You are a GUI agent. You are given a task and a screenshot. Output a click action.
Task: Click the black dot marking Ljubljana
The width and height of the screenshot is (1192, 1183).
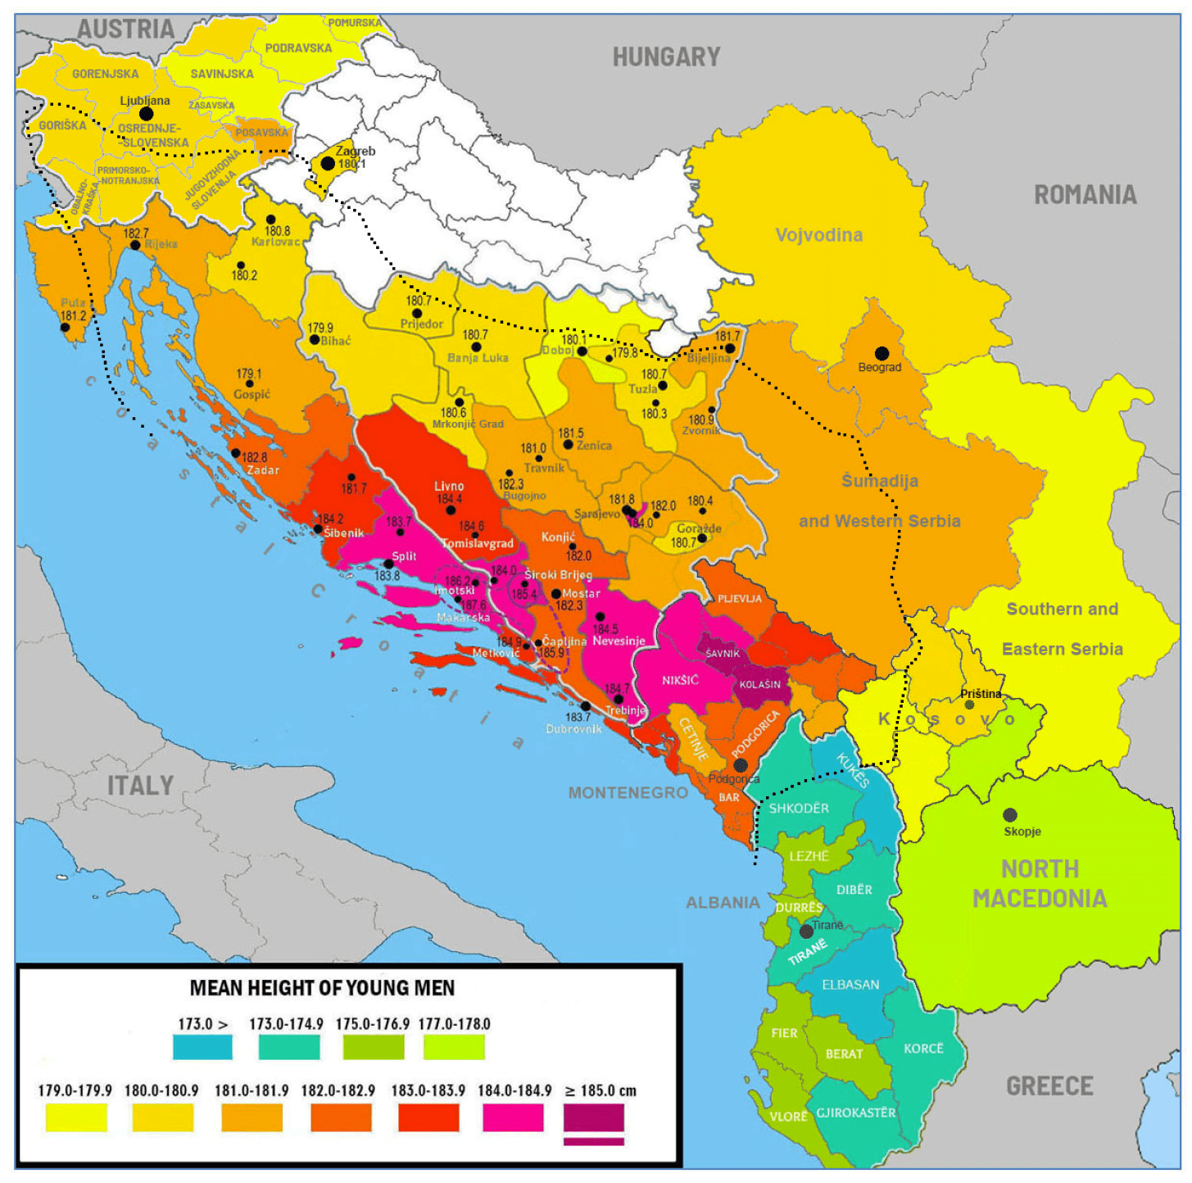pyautogui.click(x=146, y=114)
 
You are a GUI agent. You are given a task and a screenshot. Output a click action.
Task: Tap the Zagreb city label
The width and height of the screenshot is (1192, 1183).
pyautogui.click(x=356, y=151)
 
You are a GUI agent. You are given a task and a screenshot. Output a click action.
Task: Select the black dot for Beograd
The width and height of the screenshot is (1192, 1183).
pyautogui.click(x=882, y=353)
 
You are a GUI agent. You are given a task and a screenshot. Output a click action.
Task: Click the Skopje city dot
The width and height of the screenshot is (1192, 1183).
pyautogui.click(x=1010, y=815)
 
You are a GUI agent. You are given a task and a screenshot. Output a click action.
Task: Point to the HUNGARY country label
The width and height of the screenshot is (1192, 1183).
pyautogui.click(x=666, y=57)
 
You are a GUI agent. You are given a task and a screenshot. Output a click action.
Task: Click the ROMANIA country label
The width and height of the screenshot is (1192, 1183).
pyautogui.click(x=1085, y=195)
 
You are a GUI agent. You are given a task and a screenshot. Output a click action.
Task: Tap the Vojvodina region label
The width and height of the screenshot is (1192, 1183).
pyautogui.click(x=818, y=235)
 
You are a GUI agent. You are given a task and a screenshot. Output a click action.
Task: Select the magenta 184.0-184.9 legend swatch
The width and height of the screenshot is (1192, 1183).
pyautogui.click(x=513, y=1117)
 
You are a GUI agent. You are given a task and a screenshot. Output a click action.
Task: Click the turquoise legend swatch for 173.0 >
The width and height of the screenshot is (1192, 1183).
pyautogui.click(x=202, y=1047)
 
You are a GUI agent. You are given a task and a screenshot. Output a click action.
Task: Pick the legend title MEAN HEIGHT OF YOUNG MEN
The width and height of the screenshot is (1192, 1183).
pyautogui.click(x=322, y=988)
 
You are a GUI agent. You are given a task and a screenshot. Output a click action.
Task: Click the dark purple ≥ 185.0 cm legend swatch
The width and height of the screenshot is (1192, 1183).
pyautogui.click(x=594, y=1117)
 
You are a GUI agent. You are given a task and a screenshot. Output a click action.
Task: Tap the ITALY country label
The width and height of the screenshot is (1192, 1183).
pyautogui.click(x=140, y=786)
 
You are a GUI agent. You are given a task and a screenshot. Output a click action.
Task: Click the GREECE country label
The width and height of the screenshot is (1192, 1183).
pyautogui.click(x=1049, y=1086)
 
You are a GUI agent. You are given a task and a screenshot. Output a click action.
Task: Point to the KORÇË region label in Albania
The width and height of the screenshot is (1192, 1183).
pyautogui.click(x=923, y=1049)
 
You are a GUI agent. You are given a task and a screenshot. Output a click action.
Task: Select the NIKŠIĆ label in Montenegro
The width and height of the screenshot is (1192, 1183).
pyautogui.click(x=680, y=680)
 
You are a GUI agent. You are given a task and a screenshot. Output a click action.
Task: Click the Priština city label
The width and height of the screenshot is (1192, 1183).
pyautogui.click(x=981, y=694)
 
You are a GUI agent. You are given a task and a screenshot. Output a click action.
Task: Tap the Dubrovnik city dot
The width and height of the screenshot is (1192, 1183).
pyautogui.click(x=585, y=706)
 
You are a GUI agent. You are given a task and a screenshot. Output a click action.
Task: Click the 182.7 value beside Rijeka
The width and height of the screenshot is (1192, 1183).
pyautogui.click(x=136, y=233)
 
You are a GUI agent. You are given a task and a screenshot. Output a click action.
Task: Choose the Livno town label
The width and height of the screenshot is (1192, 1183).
pyautogui.click(x=449, y=486)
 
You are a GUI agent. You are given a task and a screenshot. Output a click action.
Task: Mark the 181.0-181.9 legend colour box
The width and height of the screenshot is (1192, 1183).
pyautogui.click(x=252, y=1117)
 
